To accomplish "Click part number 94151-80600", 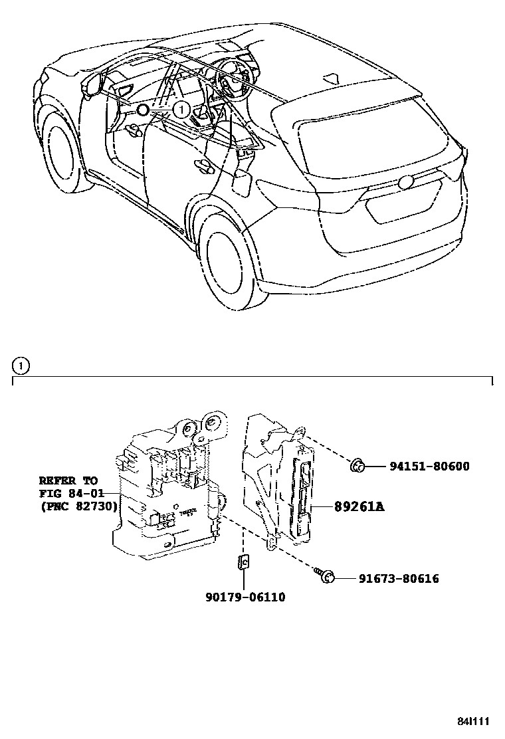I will coord(429,467).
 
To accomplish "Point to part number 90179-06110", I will coord(245,597).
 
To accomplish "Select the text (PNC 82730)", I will coord(78,506).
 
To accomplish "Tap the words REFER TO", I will coord(68,480).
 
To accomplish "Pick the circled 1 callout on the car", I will coord(181,108).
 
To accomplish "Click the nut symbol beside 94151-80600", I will coord(355,467).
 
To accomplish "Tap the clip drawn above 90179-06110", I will coord(243,562).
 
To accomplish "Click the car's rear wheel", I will coord(229,257).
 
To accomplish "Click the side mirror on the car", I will coord(92,86).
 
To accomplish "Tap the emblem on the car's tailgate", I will coord(406,183).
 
